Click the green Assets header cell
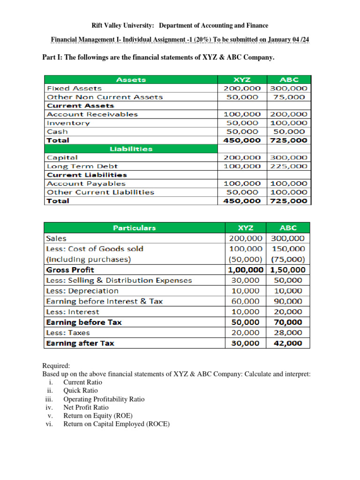pyautogui.click(x=131, y=80)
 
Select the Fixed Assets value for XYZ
pyautogui.click(x=242, y=88)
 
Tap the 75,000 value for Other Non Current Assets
pyautogui.click(x=289, y=97)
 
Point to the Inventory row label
pyautogui.click(x=68, y=123)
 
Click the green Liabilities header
pyautogui.click(x=131, y=149)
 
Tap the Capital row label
pyautogui.click(x=62, y=157)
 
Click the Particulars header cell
pyautogui.click(x=134, y=228)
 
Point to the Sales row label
pyautogui.click(x=57, y=238)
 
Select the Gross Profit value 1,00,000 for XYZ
pyautogui.click(x=246, y=270)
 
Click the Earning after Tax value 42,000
pyautogui.click(x=288, y=343)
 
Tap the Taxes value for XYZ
pyautogui.click(x=246, y=332)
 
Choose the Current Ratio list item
pyautogui.click(x=82, y=382)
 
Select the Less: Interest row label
pyautogui.click(x=73, y=312)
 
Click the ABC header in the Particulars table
pyautogui.click(x=288, y=228)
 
